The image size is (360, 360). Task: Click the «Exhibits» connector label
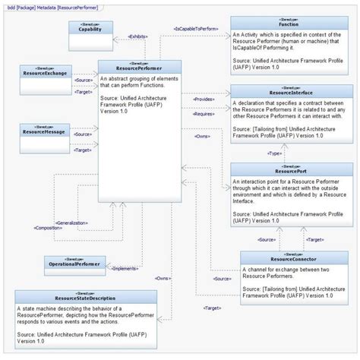pyautogui.click(x=137, y=36)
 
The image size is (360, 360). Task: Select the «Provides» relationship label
pyautogui.click(x=204, y=99)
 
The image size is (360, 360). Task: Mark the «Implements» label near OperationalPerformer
pyautogui.click(x=125, y=268)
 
